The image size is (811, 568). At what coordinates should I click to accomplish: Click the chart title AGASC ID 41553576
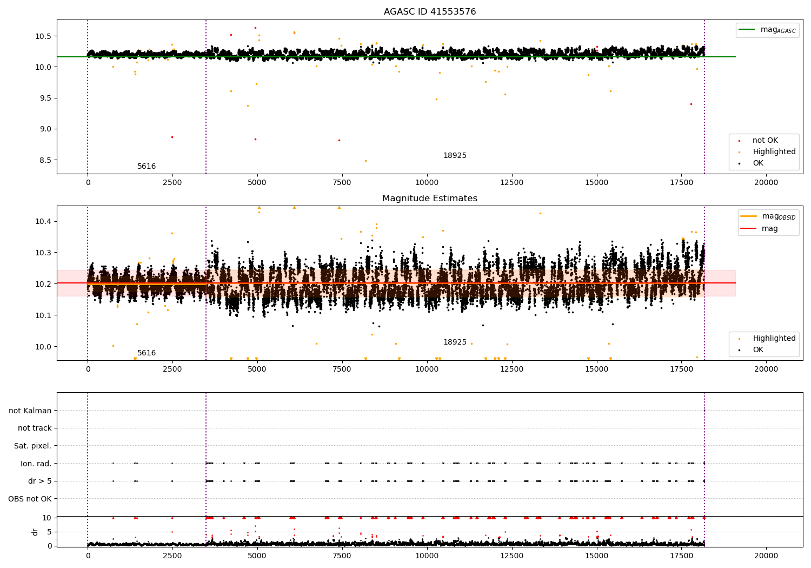(x=430, y=12)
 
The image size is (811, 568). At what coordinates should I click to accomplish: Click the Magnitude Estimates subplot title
(x=430, y=199)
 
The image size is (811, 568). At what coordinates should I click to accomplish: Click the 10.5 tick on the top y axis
(x=43, y=36)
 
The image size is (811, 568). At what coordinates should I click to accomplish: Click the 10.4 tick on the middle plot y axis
(x=43, y=221)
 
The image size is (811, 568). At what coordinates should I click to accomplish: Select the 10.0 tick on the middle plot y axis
(x=43, y=347)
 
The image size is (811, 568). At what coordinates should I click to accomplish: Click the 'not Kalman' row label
(x=30, y=411)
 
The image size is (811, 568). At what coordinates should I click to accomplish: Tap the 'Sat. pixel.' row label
(x=33, y=446)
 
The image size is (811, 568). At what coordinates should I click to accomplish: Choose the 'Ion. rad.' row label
(x=36, y=464)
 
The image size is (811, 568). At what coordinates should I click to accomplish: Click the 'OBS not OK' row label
(x=30, y=499)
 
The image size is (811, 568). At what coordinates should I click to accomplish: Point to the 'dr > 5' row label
(x=40, y=481)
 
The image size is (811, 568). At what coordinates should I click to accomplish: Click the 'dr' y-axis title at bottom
(x=35, y=532)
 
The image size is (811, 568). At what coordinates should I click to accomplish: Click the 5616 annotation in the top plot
(x=147, y=167)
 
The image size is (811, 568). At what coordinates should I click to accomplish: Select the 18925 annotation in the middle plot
(x=455, y=342)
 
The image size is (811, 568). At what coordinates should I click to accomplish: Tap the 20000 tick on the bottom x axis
(x=766, y=556)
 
